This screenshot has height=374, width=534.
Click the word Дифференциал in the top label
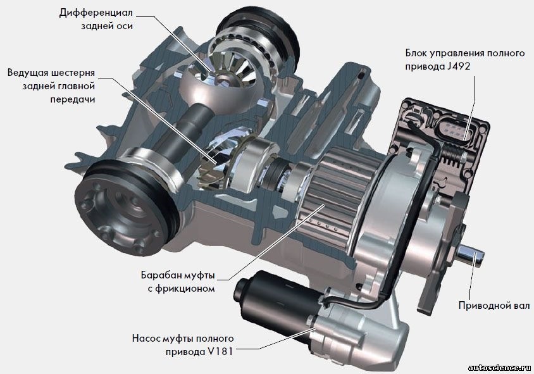point(96,13)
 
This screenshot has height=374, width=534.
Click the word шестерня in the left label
point(73,73)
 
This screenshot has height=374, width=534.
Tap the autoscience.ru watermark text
point(499,368)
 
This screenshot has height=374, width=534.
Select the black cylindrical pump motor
point(273,300)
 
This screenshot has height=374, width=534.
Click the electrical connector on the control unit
point(452,128)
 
